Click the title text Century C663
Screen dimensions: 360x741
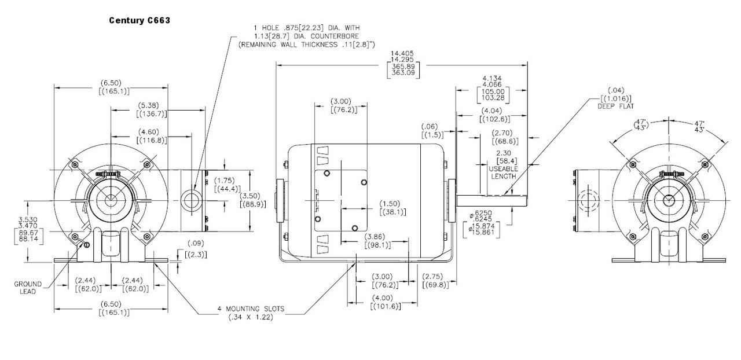[x=139, y=20]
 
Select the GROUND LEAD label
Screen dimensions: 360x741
[x=28, y=288]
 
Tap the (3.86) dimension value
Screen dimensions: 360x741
[x=377, y=237]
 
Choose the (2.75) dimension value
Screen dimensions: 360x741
[x=435, y=277]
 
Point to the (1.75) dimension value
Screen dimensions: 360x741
[x=227, y=180]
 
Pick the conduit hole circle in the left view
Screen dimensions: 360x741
[x=190, y=200]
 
